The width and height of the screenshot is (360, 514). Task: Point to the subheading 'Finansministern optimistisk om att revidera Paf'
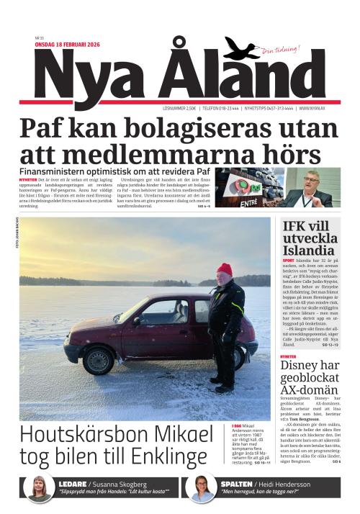[114, 172]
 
